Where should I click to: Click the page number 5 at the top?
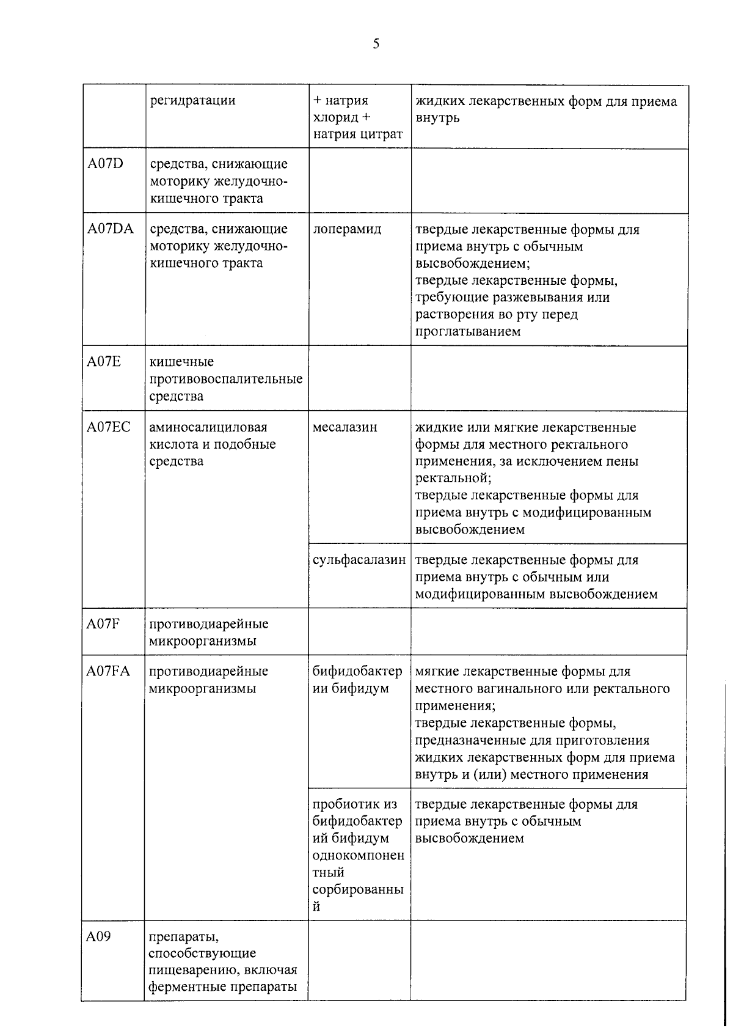click(376, 43)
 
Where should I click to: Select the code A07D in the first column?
click(105, 163)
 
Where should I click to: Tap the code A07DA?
click(111, 229)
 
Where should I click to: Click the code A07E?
click(104, 361)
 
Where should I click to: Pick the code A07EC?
click(109, 427)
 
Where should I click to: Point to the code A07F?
click(103, 623)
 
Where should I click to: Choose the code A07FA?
click(108, 670)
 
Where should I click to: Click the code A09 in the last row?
click(98, 936)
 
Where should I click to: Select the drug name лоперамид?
click(347, 229)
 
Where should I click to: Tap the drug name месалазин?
click(345, 427)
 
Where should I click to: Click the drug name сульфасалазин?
click(359, 559)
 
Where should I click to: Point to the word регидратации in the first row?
click(192, 100)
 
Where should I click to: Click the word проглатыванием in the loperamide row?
click(468, 331)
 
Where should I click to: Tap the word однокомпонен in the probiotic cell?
click(358, 855)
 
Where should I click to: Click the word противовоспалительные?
click(226, 378)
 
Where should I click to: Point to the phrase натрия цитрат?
click(358, 134)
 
